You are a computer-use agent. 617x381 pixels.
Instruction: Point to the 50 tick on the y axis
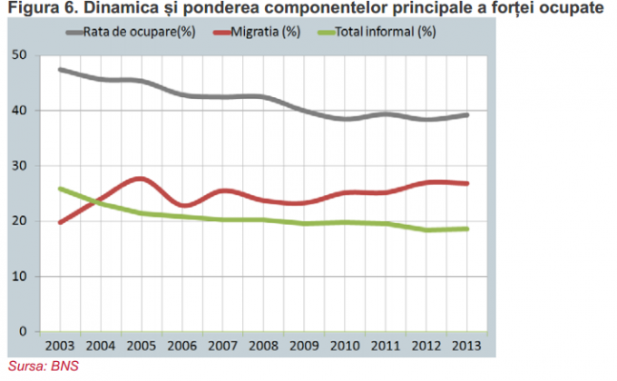[20, 56]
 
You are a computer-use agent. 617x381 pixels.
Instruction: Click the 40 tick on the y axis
[20, 111]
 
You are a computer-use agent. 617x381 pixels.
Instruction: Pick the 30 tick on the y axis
[20, 166]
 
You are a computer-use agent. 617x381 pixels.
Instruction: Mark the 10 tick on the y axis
[20, 276]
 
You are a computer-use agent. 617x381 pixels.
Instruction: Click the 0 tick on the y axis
[24, 331]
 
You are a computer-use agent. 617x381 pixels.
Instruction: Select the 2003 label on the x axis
[59, 347]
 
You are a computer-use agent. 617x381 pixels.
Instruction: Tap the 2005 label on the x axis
[141, 347]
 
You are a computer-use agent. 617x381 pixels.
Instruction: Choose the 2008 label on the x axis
[263, 347]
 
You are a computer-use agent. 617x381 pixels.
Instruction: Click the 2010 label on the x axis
[345, 347]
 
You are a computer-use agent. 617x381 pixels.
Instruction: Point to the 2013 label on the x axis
[466, 347]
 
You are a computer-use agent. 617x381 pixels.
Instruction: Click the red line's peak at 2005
[141, 179]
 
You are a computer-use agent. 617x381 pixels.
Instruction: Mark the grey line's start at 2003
[61, 70]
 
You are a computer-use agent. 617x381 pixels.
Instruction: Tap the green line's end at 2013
[466, 229]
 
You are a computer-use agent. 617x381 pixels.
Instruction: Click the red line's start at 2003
[61, 221]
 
